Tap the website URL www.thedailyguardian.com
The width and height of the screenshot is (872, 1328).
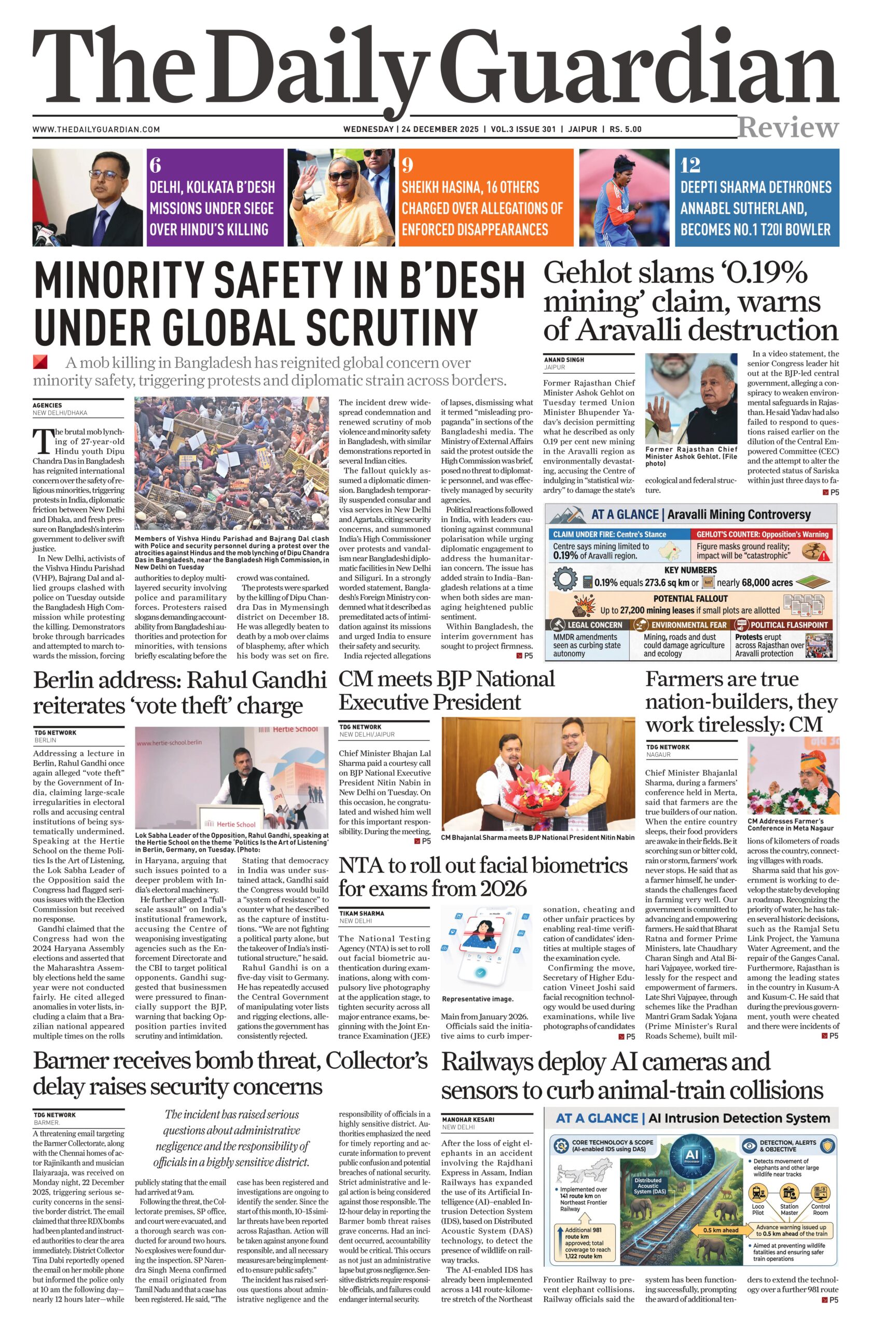pos(96,130)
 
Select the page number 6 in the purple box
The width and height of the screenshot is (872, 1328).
pos(156,165)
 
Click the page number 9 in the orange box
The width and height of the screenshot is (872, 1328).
pos(407,165)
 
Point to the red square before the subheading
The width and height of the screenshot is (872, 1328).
pos(40,362)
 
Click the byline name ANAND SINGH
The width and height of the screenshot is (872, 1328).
pos(564,360)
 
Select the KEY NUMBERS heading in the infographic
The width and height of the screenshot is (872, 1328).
pos(690,570)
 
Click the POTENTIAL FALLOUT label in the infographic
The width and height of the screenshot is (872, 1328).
pos(690,598)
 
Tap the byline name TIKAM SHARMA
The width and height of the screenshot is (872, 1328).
pos(362,914)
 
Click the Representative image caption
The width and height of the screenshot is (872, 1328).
pos(478,999)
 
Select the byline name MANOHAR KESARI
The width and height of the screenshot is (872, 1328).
pos(467,1119)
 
